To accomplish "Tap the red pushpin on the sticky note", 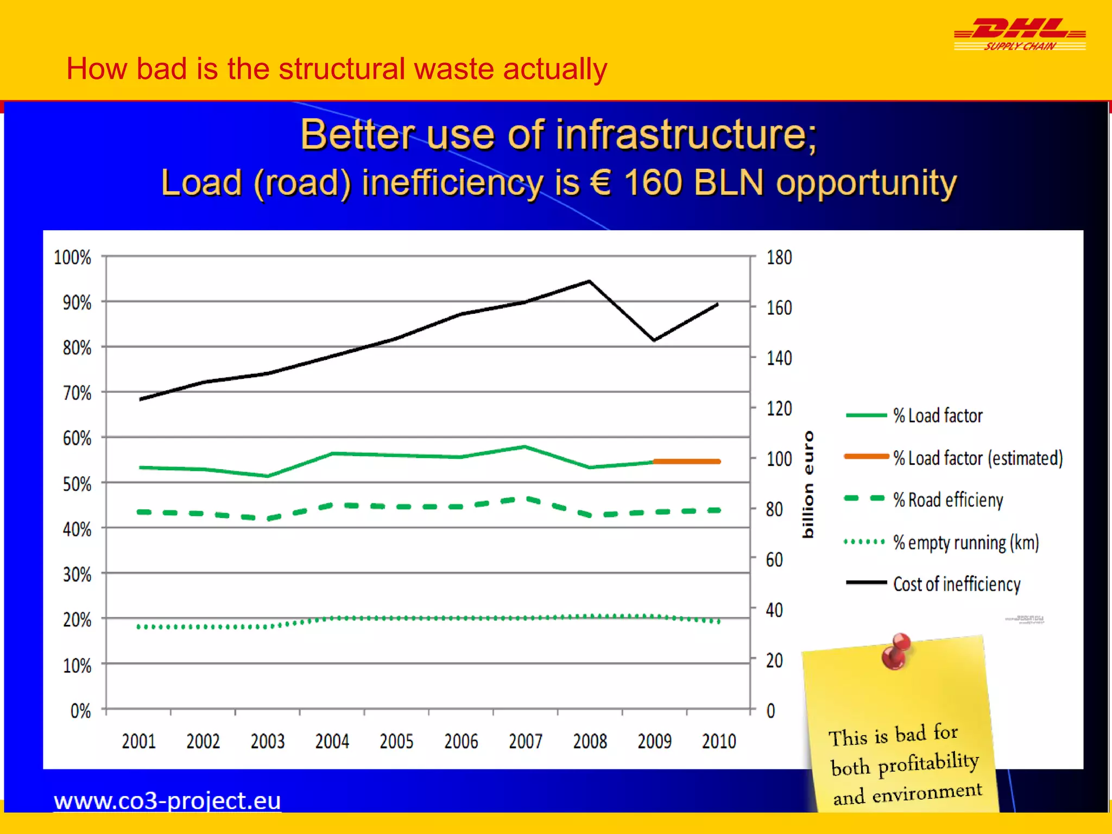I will [896, 650].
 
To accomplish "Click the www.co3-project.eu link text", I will [167, 801].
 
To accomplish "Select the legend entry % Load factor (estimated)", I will [953, 458].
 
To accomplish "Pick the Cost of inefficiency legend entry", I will [934, 584].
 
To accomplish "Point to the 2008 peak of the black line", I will [590, 281].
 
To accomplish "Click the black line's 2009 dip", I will [654, 340].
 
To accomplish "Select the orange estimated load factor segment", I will [687, 462].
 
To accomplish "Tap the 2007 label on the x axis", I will [525, 741].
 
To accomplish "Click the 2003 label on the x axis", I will [267, 741].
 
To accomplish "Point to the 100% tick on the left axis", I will [72, 257].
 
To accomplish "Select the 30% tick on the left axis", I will [77, 574].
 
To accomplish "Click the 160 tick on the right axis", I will [779, 308].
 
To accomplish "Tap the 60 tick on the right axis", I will [774, 560].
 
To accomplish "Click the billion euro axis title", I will [808, 484].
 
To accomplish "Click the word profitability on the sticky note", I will [928, 763].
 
